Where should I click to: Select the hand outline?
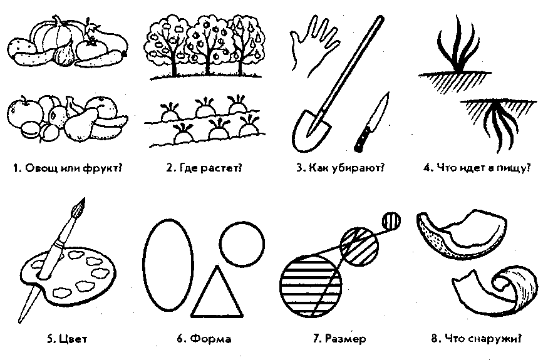click(x=313, y=46)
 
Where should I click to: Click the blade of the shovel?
click(x=311, y=131)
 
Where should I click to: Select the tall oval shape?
click(x=168, y=265)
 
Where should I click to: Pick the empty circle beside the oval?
click(x=242, y=244)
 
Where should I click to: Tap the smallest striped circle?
click(x=391, y=221)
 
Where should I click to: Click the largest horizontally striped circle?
click(x=311, y=286)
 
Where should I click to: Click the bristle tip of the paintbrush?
click(x=80, y=206)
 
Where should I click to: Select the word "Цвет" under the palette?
click(x=73, y=339)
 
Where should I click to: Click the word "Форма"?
click(x=211, y=339)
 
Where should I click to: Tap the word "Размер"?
click(x=345, y=338)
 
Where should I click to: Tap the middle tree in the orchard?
click(x=209, y=44)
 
